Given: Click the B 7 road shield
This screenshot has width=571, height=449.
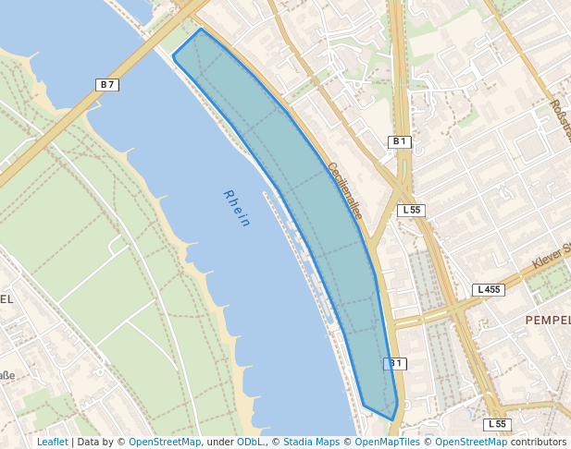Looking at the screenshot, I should point(107,85).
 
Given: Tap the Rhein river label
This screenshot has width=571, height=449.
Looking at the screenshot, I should point(237,208).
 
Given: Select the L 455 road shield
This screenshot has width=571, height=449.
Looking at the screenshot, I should point(488,289).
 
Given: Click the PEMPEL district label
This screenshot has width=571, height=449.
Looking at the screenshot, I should point(547,320).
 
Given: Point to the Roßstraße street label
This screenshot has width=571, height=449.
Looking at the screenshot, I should point(558,119).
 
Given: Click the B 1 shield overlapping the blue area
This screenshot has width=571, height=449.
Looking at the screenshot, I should point(394,363).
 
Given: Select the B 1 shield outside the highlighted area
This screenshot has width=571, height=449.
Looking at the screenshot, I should point(399,141).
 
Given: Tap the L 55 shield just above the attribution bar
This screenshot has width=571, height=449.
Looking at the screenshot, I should point(497,424).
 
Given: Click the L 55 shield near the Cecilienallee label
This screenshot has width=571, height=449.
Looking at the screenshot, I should point(411,210).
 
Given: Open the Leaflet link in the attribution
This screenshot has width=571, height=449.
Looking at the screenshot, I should point(52,443).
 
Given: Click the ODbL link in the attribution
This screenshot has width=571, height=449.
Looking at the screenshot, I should point(251,443).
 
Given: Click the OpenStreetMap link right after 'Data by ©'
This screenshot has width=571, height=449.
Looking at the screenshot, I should point(165,443).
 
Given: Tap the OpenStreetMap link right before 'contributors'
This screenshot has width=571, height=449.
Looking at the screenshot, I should point(471,443).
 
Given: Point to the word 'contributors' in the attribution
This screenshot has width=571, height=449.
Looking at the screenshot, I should point(539,443).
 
